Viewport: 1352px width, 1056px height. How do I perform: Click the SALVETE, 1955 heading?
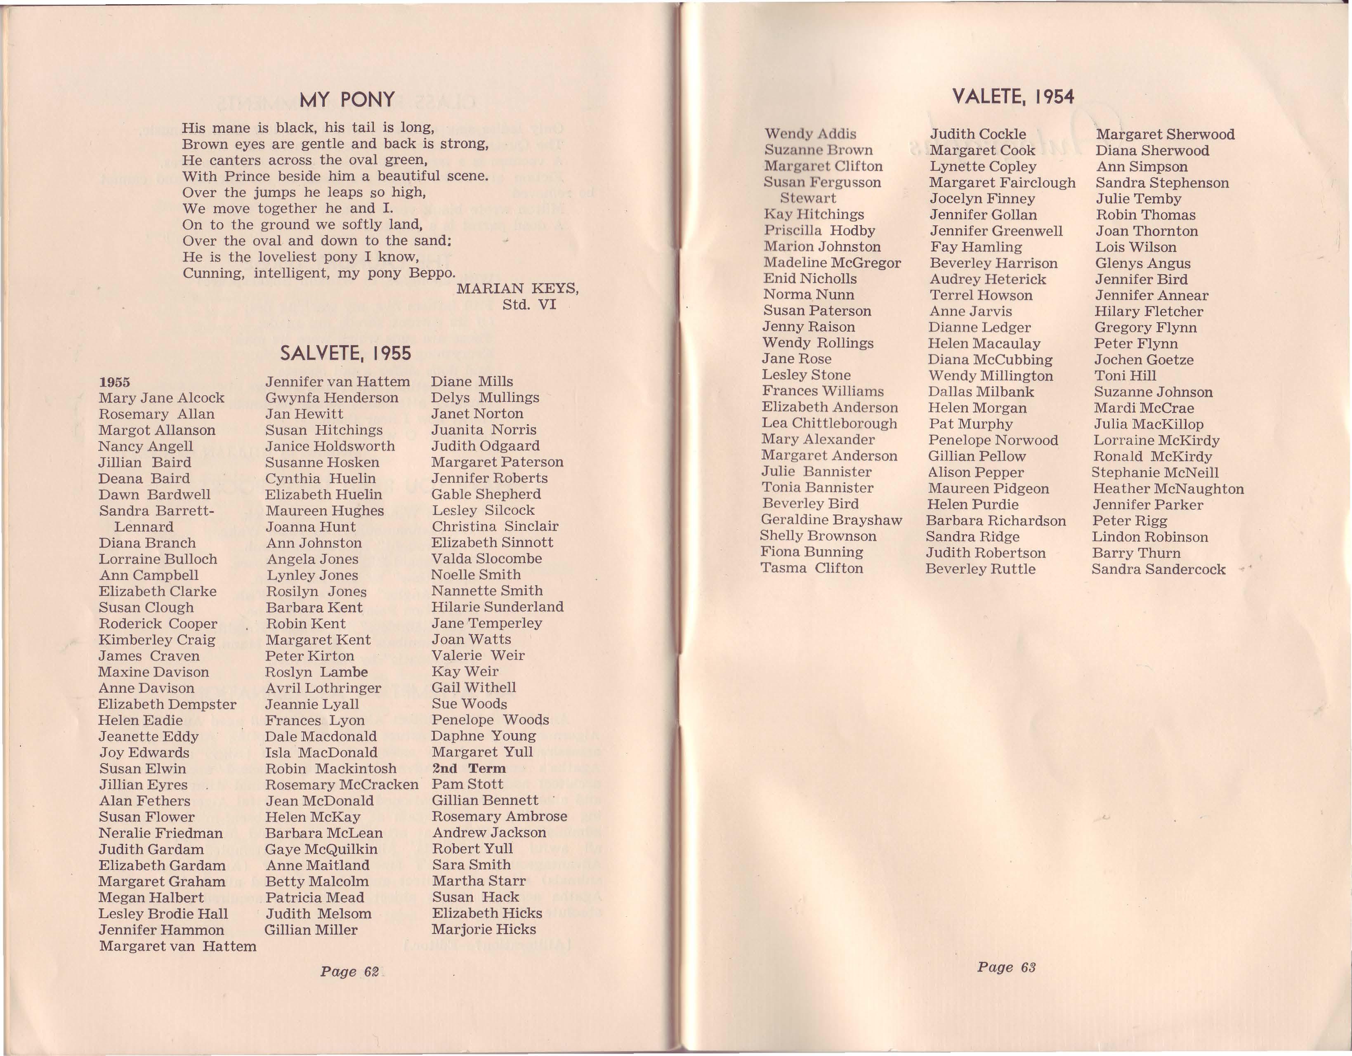tap(345, 354)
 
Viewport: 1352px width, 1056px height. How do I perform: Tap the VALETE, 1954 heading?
tap(1013, 97)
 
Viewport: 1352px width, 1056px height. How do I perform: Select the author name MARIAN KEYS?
tap(517, 288)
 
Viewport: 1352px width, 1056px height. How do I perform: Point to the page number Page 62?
tap(349, 971)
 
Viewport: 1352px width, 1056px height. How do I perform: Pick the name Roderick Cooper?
tap(158, 624)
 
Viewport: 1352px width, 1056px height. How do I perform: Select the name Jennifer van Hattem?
tap(337, 382)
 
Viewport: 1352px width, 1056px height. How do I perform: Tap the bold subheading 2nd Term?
tap(469, 768)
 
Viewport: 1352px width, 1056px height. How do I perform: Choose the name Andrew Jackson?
tap(489, 832)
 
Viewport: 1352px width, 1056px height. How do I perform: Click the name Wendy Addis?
tap(810, 134)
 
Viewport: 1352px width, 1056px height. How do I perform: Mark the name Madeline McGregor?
tap(832, 262)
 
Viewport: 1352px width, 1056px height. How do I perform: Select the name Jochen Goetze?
tap(1143, 360)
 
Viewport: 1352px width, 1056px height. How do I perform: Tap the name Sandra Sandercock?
tap(1158, 570)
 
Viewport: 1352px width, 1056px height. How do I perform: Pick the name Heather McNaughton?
tap(1168, 488)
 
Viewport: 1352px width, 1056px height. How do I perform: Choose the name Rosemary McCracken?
tap(342, 785)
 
